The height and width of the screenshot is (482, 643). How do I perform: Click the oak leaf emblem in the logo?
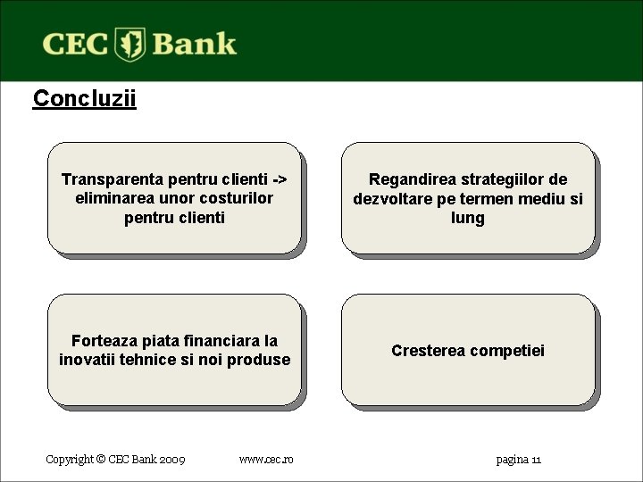[x=130, y=44]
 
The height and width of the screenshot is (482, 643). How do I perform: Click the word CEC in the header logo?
[x=76, y=44]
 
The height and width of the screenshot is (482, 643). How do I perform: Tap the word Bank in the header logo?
[x=194, y=44]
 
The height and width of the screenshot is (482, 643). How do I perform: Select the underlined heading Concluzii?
[x=84, y=98]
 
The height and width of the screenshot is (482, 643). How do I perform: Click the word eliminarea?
[x=115, y=198]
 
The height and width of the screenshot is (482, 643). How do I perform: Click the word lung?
[x=467, y=219]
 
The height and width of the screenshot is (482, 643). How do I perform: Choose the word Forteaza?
[x=104, y=341]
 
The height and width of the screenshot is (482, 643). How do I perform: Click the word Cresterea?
[x=428, y=351]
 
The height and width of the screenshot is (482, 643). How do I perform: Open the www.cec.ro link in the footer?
[x=265, y=460]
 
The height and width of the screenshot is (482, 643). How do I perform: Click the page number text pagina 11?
[x=518, y=460]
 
